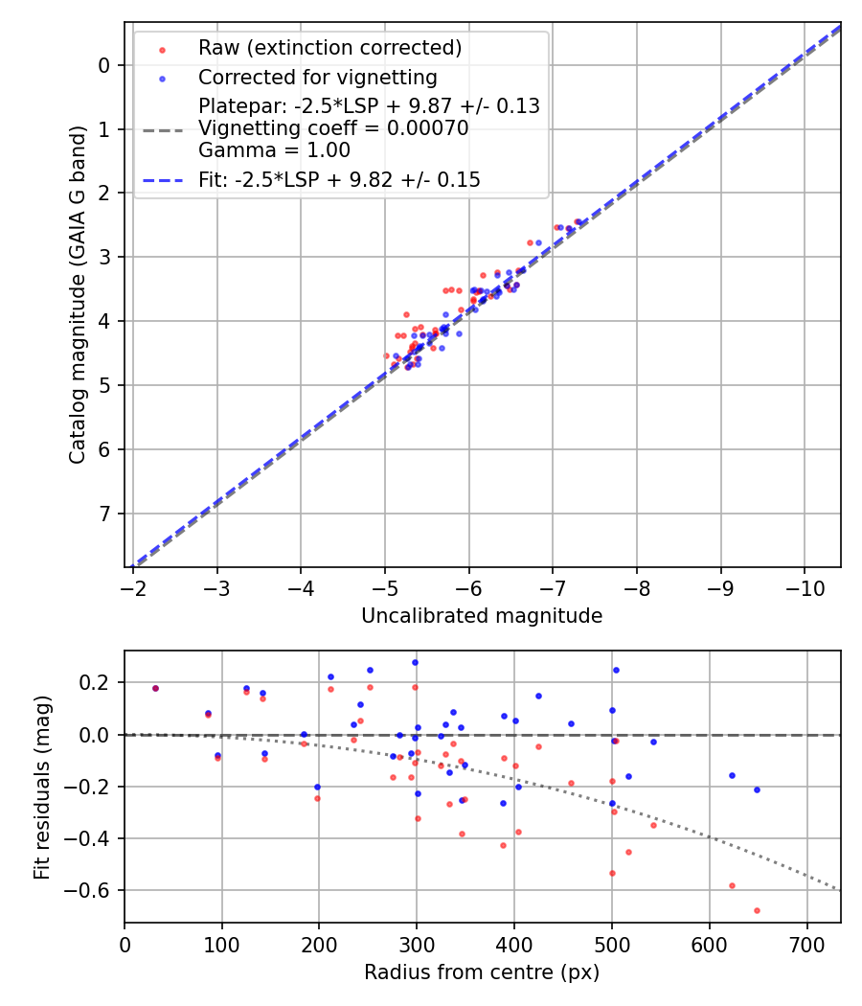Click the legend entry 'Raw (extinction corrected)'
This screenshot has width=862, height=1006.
(x=329, y=47)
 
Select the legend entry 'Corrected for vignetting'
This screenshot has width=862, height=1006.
(x=317, y=77)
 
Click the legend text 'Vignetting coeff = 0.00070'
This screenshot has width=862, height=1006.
(x=333, y=127)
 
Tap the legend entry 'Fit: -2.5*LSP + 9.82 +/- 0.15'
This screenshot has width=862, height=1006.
(x=339, y=179)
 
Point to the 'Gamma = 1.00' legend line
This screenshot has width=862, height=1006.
(x=274, y=149)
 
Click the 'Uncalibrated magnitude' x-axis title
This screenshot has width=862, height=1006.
(x=482, y=616)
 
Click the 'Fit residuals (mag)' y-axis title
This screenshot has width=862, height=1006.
(x=40, y=787)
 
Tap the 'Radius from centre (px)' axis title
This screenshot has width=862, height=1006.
(x=482, y=972)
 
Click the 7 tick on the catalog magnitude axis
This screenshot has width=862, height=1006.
(x=104, y=514)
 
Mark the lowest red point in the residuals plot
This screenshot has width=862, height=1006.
(x=757, y=910)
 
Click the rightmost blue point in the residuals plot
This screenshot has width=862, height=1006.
(x=757, y=789)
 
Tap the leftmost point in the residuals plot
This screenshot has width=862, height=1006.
(x=155, y=688)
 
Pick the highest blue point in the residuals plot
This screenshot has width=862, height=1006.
(x=415, y=662)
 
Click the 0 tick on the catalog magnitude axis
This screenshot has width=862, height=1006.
(x=104, y=65)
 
